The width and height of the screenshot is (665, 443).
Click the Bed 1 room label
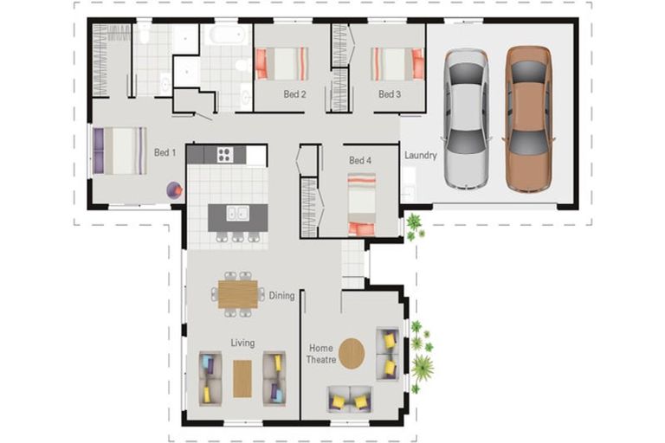[x=165, y=152]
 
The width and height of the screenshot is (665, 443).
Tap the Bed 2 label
[x=294, y=94]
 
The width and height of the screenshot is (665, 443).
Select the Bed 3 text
[x=390, y=94]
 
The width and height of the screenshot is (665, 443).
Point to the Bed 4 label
[x=360, y=160]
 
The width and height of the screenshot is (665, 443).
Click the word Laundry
[x=420, y=156]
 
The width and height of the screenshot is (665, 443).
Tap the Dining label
[x=281, y=295]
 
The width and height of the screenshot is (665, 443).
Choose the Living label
[x=242, y=343]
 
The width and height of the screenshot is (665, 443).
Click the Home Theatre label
[x=321, y=354]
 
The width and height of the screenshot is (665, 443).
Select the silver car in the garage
[x=466, y=119]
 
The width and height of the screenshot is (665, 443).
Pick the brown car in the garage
[x=529, y=119]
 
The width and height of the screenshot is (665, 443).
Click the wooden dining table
[x=238, y=294]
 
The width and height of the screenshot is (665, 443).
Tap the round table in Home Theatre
[x=352, y=354]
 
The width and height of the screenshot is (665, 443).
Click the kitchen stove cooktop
[x=225, y=154]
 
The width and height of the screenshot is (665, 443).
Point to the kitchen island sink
[x=237, y=213]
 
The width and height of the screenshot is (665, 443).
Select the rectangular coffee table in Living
[x=242, y=379]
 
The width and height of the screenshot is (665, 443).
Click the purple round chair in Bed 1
[x=174, y=190]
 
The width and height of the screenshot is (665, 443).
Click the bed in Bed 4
[x=361, y=204]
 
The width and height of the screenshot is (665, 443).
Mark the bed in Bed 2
[x=281, y=63]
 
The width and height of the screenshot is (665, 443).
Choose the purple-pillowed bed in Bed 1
[x=119, y=151]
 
